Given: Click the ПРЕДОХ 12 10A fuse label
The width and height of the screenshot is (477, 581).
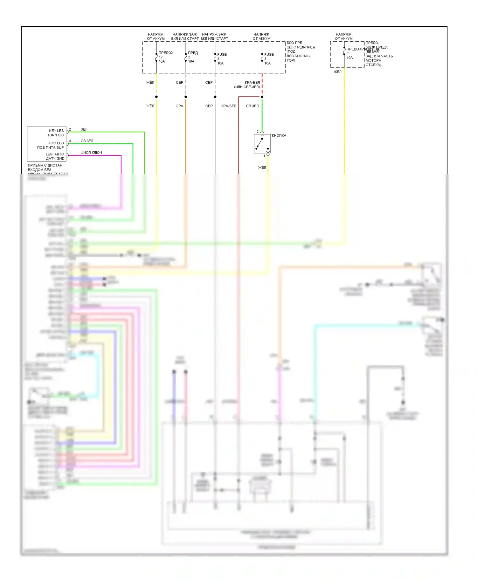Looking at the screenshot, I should click(x=165, y=57).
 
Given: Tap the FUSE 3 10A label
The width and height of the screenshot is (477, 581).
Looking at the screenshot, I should click(x=221, y=59).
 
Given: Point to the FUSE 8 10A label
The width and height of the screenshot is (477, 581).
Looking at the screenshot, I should click(x=268, y=59).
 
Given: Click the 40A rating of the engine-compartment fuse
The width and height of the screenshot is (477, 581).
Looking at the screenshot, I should click(x=349, y=58).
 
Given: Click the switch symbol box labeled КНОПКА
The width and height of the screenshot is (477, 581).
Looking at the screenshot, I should click(x=262, y=144).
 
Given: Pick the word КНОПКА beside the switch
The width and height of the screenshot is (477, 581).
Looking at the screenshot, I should click(x=279, y=136).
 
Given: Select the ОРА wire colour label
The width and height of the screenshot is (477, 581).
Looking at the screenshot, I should click(x=179, y=106).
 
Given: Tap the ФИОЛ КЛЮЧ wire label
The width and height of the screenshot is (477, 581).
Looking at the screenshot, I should click(x=91, y=153).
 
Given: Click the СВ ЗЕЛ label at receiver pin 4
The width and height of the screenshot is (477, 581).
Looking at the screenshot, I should click(x=87, y=141).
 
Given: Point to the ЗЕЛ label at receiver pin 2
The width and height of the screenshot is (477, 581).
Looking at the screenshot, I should click(x=84, y=130).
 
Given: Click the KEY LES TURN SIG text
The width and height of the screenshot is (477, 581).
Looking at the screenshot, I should click(x=56, y=133).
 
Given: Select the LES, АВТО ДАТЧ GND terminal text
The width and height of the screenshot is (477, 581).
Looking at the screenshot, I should click(x=55, y=156).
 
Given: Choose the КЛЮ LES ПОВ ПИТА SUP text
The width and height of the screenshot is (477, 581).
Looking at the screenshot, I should click(x=51, y=145).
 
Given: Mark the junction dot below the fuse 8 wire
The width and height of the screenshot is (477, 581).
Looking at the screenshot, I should click(x=262, y=97).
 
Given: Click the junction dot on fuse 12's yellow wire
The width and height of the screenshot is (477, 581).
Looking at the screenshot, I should click(x=156, y=97).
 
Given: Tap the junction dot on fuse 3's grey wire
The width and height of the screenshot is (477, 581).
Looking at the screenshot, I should click(x=215, y=97).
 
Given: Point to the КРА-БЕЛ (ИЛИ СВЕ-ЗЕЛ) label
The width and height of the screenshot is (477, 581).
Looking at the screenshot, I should click(x=247, y=85).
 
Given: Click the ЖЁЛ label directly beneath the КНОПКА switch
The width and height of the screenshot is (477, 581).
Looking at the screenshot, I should click(x=262, y=167).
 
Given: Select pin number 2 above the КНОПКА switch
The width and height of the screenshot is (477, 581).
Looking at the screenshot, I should click(x=258, y=132).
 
